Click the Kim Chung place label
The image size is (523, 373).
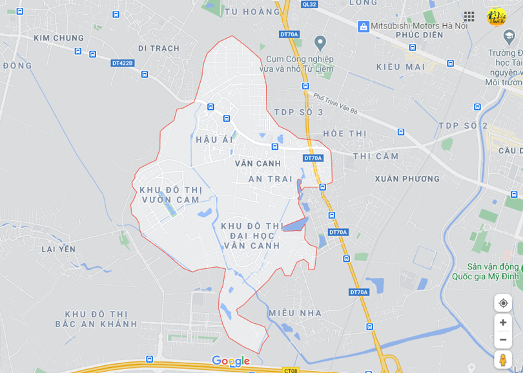[x=59, y=38]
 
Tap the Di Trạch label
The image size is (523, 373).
[x=159, y=48]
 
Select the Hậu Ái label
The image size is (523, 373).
[x=214, y=140]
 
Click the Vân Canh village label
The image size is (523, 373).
[x=258, y=164]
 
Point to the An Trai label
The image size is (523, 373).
[x=271, y=179]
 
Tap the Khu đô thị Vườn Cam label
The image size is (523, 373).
[x=170, y=195]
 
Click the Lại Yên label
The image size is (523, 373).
[x=59, y=249]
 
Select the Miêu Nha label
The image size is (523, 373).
[x=295, y=313]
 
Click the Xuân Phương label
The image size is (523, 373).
[x=407, y=179]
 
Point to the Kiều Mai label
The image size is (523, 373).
[x=400, y=67]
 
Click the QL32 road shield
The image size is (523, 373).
[x=309, y=4]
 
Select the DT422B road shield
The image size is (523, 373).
[x=122, y=63]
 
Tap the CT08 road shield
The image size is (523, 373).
[x=291, y=370]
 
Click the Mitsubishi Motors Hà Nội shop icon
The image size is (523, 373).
[x=364, y=26]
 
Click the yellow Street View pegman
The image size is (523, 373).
[x=503, y=359]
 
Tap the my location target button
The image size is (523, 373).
[x=503, y=303]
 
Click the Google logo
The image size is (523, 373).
[x=231, y=361]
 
